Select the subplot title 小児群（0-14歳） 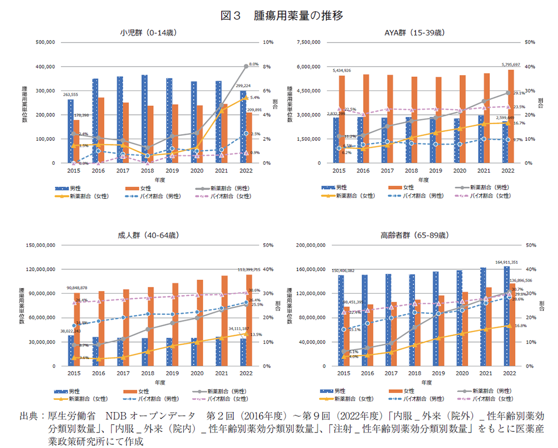click(149, 33)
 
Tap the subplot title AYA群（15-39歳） click(415, 33)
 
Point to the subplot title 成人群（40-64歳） click(148, 235)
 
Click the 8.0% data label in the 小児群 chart click(254, 63)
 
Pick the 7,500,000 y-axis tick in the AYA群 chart click(309, 42)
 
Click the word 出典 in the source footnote click(29, 417)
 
